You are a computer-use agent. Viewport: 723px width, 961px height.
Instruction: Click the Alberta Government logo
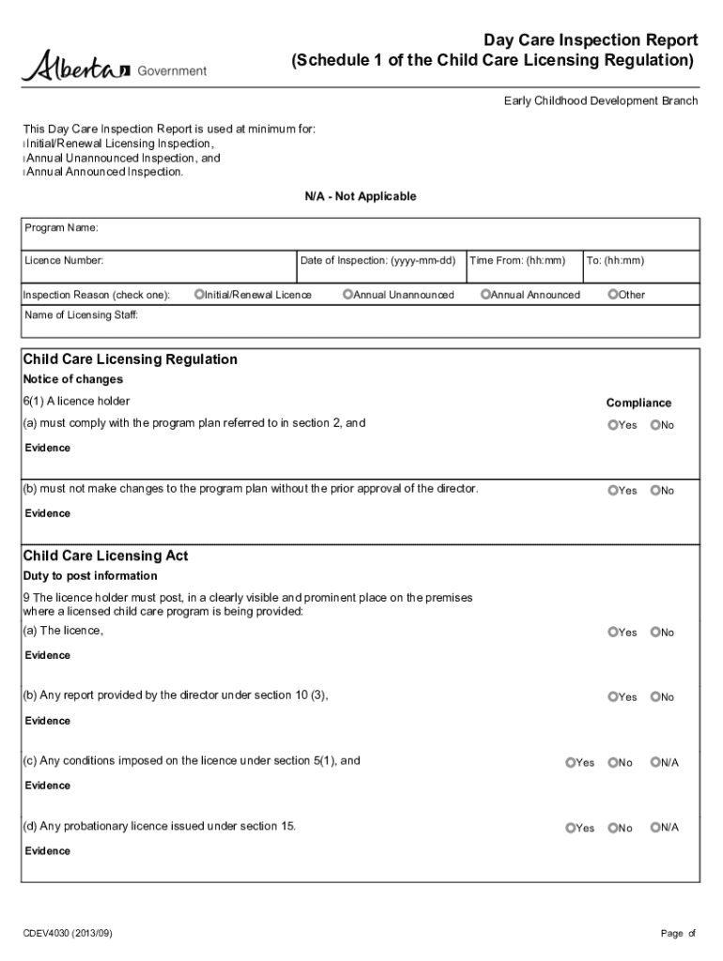coord(114,67)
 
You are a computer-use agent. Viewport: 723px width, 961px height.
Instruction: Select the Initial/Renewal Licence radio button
coord(199,295)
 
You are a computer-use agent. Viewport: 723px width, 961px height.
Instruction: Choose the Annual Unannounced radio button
coord(347,295)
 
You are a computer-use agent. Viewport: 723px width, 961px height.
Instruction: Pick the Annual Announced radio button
coord(485,295)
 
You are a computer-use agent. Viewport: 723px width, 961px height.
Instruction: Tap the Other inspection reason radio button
coord(613,295)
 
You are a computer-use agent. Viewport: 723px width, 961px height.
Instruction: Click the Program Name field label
coord(60,228)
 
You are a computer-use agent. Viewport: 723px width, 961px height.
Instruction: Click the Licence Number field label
coord(64,260)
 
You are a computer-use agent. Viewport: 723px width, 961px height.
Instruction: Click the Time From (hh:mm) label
coord(517,260)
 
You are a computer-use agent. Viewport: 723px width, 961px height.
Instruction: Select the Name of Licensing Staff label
coord(81,315)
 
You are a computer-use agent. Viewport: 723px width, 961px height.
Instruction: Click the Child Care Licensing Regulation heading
coord(130,359)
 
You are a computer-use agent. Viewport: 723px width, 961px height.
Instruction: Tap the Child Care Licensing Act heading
coord(105,556)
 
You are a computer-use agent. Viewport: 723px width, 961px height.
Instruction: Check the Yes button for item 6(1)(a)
coord(613,425)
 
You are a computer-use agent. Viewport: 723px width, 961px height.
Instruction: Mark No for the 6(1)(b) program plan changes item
coord(655,491)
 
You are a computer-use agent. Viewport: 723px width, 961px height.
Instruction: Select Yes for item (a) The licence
coord(613,633)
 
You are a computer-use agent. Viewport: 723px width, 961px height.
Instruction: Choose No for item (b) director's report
coord(655,697)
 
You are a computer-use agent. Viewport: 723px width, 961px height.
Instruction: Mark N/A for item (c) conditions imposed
coord(655,763)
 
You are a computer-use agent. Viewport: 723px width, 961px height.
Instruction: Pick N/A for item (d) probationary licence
coord(655,828)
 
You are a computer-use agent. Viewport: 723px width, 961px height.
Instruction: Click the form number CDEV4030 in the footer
coord(70,933)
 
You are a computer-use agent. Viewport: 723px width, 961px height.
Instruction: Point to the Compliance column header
coord(638,403)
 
